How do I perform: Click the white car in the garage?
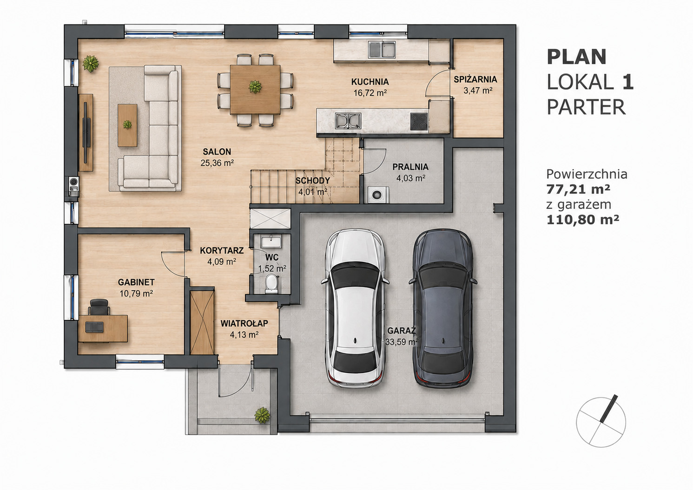click(x=355, y=308)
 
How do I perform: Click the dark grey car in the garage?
click(x=443, y=308)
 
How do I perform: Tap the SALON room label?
click(x=217, y=152)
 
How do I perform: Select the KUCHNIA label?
click(x=370, y=82)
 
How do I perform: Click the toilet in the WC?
click(x=271, y=283)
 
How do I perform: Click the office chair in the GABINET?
click(x=99, y=307)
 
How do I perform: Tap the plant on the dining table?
click(x=255, y=86)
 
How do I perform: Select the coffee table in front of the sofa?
click(x=127, y=125)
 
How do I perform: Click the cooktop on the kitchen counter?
click(x=419, y=122)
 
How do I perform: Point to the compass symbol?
click(x=601, y=422)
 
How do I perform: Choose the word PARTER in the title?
click(x=586, y=107)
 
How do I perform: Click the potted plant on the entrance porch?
click(x=262, y=415)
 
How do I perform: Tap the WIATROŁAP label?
click(x=244, y=323)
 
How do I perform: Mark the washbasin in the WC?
click(x=271, y=241)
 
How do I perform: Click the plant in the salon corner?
click(x=91, y=64)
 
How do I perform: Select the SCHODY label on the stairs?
click(x=312, y=181)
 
